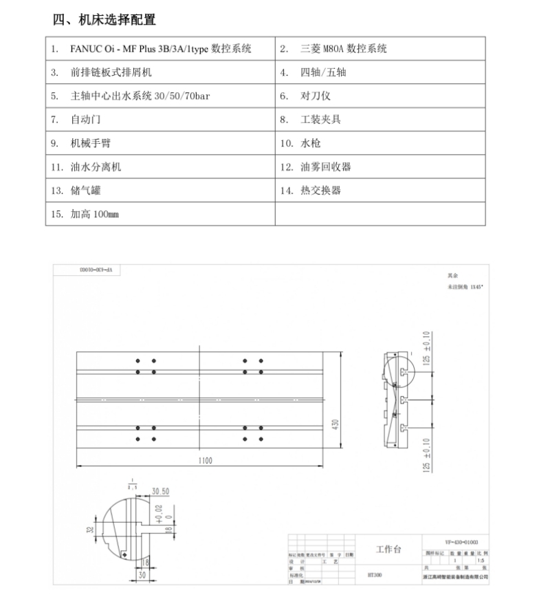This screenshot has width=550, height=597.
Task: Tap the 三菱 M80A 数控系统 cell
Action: pyautogui.click(x=344, y=49)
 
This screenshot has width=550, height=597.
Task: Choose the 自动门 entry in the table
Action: pyautogui.click(x=86, y=120)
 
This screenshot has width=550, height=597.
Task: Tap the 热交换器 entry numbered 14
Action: pyautogui.click(x=320, y=191)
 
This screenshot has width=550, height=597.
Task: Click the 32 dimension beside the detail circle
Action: pyautogui.click(x=89, y=530)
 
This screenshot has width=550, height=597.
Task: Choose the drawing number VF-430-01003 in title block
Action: pyautogui.click(x=456, y=542)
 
